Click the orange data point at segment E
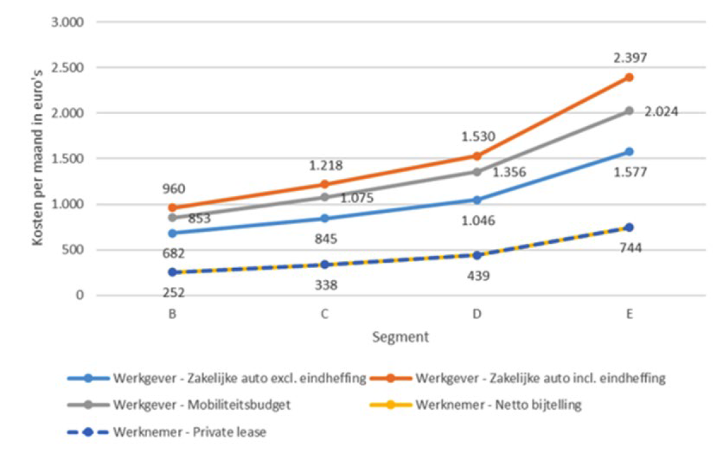[629, 77]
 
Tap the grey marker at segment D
[477, 172]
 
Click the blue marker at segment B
[172, 233]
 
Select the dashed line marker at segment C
[325, 264]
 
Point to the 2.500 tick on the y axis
[71, 67]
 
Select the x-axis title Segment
[401, 337]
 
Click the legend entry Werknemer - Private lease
[190, 432]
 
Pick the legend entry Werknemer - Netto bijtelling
[498, 405]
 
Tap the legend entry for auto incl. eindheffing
[540, 378]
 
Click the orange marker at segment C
[325, 184]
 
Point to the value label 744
[629, 248]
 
